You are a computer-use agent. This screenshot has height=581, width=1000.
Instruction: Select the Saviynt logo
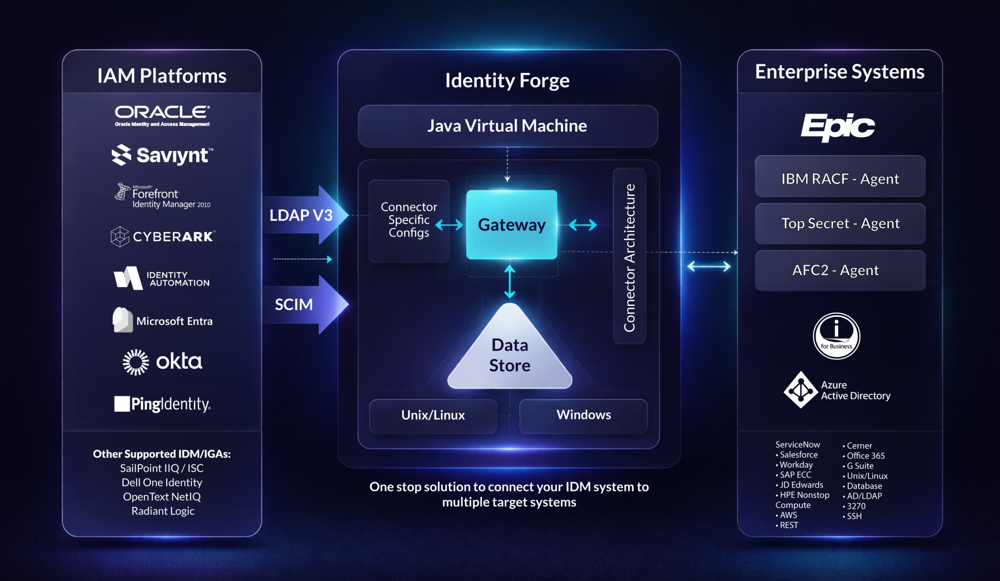pyautogui.click(x=162, y=155)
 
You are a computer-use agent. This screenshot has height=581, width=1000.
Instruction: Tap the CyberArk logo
pyautogui.click(x=163, y=236)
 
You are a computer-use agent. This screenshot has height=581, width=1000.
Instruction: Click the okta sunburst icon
pyautogui.click(x=136, y=362)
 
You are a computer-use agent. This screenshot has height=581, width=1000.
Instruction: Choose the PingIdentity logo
pyautogui.click(x=162, y=404)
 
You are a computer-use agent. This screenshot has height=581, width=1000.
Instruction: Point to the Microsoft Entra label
pyautogui.click(x=174, y=321)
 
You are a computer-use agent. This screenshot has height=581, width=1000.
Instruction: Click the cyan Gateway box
pyautogui.click(x=511, y=225)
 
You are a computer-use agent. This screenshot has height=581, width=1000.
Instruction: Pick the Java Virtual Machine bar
pyautogui.click(x=507, y=126)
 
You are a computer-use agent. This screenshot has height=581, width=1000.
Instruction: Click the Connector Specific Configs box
pyautogui.click(x=409, y=220)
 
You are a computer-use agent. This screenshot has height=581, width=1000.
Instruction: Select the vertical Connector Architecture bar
pyautogui.click(x=629, y=256)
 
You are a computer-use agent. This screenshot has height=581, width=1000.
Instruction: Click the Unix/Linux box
pyautogui.click(x=433, y=415)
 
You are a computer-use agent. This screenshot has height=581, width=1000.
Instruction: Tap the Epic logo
pyautogui.click(x=837, y=127)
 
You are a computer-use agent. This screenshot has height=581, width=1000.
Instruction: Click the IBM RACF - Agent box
pyautogui.click(x=840, y=179)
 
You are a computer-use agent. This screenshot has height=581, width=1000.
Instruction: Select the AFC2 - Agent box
pyautogui.click(x=840, y=271)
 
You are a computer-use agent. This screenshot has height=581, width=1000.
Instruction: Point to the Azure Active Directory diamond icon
pyautogui.click(x=800, y=390)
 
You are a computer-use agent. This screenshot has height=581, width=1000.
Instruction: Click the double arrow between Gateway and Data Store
pyautogui.click(x=509, y=281)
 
